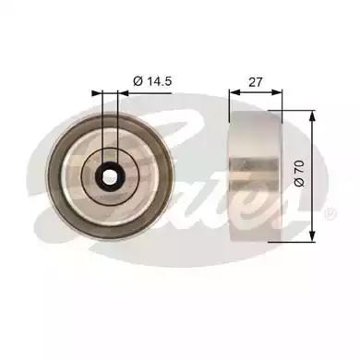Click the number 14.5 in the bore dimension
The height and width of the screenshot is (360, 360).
[x=159, y=81]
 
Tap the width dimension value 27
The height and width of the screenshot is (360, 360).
[x=256, y=82]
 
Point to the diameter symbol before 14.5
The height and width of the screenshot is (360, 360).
[x=138, y=81]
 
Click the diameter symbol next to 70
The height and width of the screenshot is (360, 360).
[x=299, y=181]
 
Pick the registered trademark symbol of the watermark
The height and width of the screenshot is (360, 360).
[x=330, y=214]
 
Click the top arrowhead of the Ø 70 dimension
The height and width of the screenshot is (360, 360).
[x=312, y=116]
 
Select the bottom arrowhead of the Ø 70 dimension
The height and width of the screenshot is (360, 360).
[x=312, y=235]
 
